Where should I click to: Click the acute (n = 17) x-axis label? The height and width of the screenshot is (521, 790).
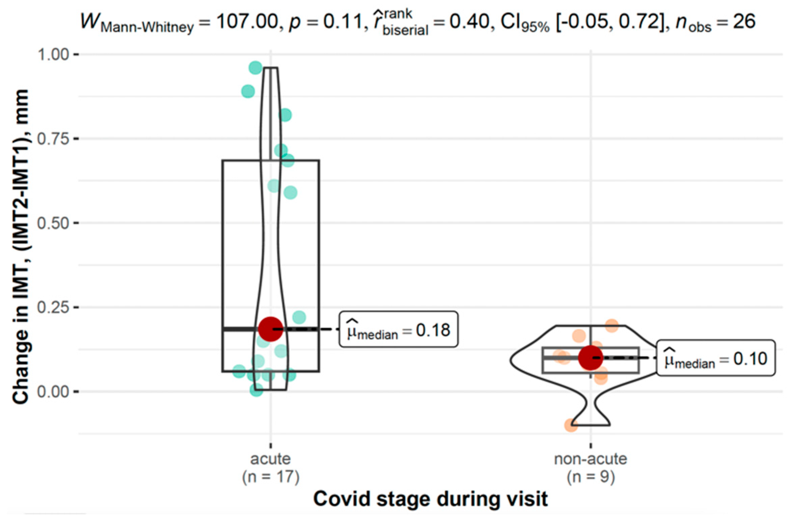coord(271,468)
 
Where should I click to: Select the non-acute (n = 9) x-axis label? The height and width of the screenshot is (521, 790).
coord(591,468)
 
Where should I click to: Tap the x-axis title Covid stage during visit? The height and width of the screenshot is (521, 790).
coord(431,499)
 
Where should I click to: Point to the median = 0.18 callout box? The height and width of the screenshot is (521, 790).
coord(398,329)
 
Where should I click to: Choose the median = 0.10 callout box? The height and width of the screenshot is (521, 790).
coord(716,358)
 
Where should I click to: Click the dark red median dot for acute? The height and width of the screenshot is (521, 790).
coord(271,329)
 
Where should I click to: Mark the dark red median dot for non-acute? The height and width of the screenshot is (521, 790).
coord(591,357)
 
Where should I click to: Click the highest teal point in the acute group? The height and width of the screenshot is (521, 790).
coord(256,67)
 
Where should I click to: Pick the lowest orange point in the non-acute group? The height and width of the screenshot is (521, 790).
coord(571,425)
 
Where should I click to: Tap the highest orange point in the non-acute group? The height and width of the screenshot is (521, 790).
coord(612,326)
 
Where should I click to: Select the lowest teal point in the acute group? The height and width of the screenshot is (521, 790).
coord(256,390)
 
